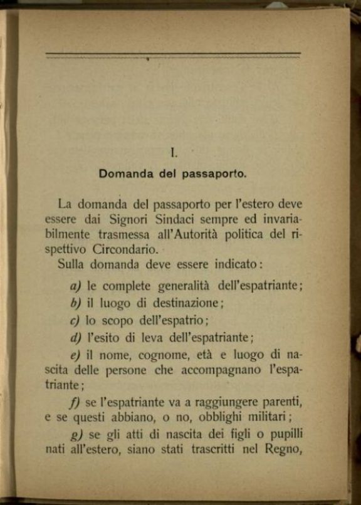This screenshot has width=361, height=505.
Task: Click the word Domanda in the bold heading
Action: tap(123, 175)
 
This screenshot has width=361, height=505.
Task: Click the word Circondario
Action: tap(136, 247)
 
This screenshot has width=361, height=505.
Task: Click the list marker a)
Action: tap(76, 287)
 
